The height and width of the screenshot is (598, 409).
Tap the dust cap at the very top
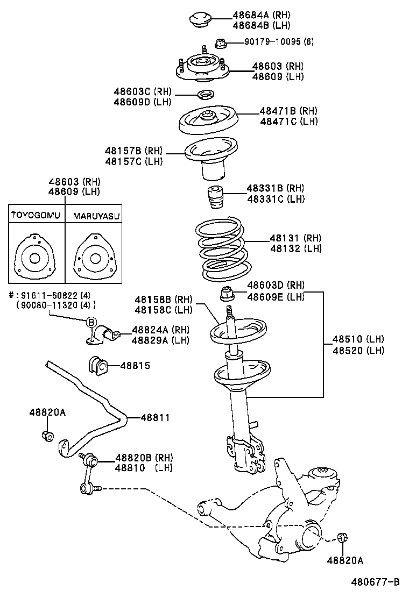[200, 20]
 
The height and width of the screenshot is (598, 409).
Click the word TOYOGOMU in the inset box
[36, 216]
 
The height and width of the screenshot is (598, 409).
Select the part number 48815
[135, 366]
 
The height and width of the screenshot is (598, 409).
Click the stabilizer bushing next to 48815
[97, 366]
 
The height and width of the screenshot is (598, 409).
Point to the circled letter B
[91, 322]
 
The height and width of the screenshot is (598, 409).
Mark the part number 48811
[155, 417]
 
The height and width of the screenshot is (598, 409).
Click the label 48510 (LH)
[357, 339]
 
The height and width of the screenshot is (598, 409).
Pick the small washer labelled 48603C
[204, 95]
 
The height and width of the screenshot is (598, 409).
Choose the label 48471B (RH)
[288, 111]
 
